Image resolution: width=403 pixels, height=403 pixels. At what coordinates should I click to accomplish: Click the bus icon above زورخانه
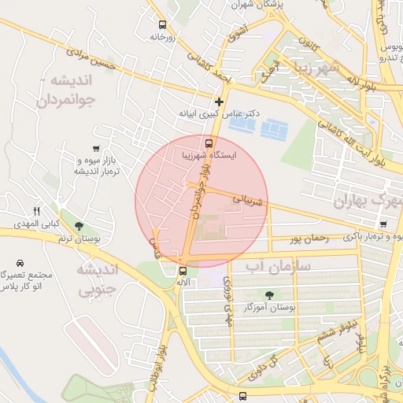162,24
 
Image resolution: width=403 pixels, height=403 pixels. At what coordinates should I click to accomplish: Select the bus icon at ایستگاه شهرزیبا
209,143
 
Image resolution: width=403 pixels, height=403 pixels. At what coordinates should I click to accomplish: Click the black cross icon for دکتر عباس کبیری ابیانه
219,102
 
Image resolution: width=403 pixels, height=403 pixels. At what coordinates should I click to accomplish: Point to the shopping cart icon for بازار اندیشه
96,148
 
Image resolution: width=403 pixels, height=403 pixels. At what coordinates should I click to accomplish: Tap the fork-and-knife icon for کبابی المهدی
36,211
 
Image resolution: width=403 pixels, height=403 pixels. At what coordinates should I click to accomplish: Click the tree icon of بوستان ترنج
79,227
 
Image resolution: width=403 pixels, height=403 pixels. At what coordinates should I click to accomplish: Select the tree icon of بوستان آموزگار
270,295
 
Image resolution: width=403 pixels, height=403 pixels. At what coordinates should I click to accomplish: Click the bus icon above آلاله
183,271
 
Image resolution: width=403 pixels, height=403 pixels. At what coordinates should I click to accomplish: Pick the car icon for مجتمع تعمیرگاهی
20,262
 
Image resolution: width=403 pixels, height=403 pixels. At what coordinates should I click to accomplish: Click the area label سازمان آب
279,268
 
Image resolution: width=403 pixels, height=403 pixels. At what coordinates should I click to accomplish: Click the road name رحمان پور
306,237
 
